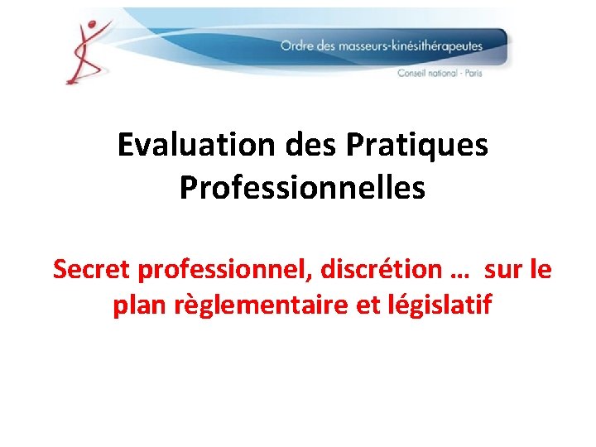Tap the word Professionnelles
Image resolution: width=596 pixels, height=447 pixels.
coord(302,188)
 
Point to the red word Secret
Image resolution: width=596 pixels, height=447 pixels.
coord(92,269)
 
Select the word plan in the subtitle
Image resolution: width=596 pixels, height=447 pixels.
coord(137,305)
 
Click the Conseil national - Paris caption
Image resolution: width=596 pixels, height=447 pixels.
coord(440,73)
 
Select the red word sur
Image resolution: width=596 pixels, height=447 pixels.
coord(503,269)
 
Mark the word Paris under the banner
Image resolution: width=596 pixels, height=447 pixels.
coord(473,73)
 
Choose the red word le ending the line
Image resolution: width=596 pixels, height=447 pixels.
coord(541,269)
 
